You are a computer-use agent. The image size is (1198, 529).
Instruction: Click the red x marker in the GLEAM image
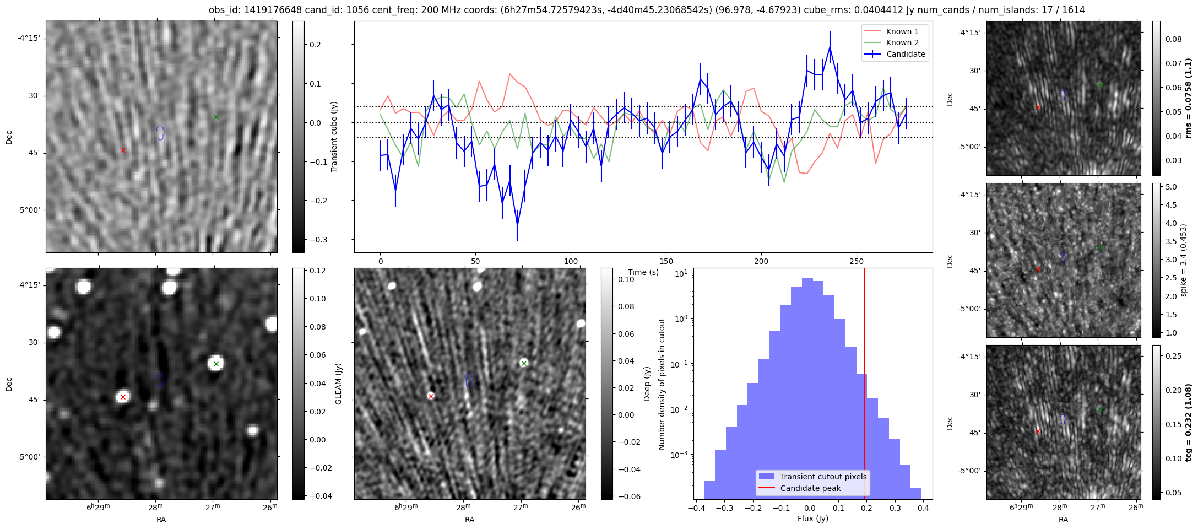(x=123, y=397)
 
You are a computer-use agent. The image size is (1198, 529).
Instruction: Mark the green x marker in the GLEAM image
(x=216, y=364)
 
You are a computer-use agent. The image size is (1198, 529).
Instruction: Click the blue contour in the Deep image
(x=469, y=379)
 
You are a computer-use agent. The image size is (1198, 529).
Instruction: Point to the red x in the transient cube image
(x=123, y=150)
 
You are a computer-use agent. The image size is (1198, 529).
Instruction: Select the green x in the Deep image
(x=524, y=363)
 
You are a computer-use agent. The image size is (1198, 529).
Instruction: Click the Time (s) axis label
(x=643, y=272)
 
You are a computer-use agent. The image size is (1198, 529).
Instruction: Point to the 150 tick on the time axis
(x=666, y=261)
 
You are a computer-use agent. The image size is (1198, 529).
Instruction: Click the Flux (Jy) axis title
(x=812, y=519)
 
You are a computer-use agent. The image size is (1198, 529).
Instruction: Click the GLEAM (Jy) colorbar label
(x=338, y=384)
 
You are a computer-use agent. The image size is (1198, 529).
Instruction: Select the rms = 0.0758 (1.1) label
(x=1189, y=98)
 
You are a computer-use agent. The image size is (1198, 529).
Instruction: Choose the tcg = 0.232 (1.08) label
(x=1189, y=422)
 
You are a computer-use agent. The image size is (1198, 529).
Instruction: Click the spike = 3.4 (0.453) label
(x=1183, y=260)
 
